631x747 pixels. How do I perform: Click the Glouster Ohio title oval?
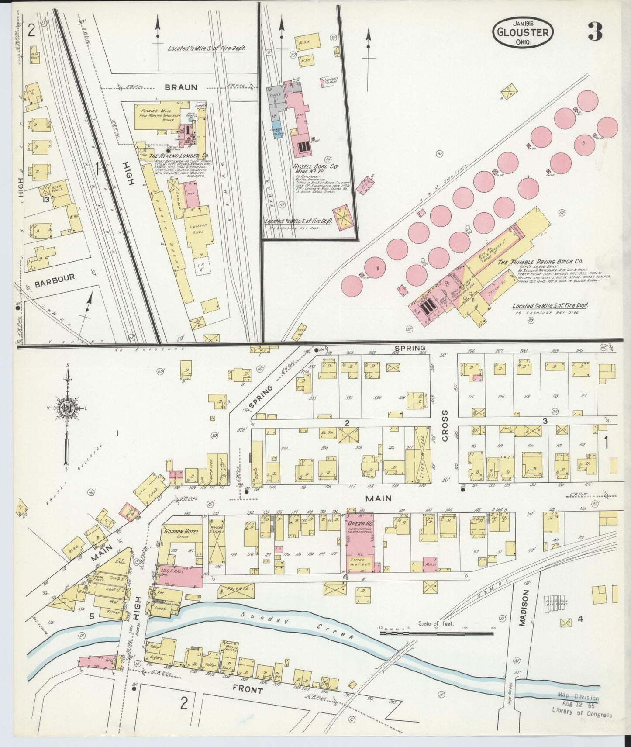pos(522,32)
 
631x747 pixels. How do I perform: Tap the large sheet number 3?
pos(595,32)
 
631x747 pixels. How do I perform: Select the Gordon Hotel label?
pos(181,531)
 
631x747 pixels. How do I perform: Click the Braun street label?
pos(181,87)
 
